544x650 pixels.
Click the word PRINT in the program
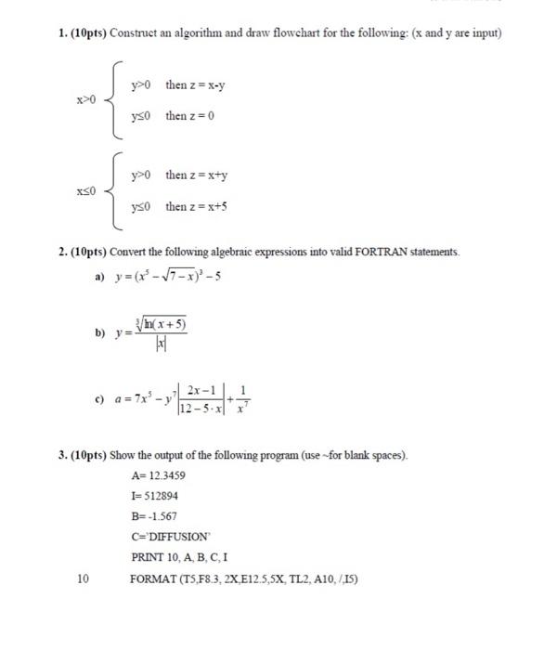coord(149,557)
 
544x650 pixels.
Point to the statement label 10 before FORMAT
coord(83,578)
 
